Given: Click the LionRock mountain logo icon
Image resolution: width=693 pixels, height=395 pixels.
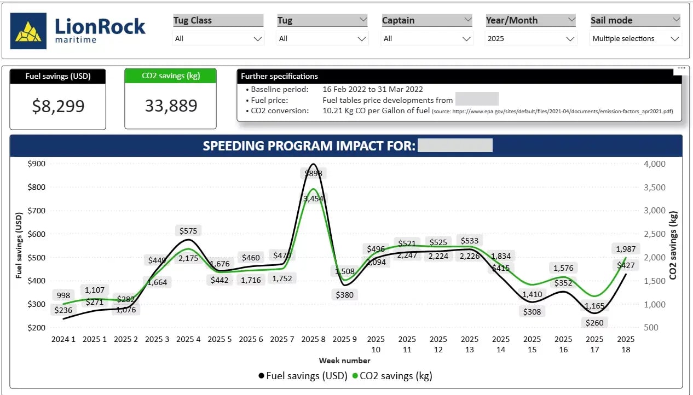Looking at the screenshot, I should [28, 31].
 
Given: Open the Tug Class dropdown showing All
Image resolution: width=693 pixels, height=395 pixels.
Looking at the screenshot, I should [218, 39].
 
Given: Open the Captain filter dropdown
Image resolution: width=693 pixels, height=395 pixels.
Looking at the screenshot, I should [427, 39].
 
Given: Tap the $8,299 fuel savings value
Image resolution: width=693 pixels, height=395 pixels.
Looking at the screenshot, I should [58, 106].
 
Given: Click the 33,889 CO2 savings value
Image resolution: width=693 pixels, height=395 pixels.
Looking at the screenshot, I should [171, 106].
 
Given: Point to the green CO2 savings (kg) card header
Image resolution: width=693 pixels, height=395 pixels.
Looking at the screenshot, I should [171, 76].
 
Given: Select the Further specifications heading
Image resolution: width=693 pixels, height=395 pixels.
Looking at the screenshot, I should [279, 76].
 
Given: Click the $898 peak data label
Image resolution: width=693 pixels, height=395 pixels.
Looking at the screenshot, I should [314, 173].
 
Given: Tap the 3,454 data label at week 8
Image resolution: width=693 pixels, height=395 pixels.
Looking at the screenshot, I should [314, 198].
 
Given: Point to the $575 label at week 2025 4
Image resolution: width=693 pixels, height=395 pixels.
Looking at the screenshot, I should [188, 230].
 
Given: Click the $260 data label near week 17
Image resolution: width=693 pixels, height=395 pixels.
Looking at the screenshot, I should [594, 322].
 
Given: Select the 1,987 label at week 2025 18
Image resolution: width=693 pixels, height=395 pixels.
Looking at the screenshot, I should [626, 249].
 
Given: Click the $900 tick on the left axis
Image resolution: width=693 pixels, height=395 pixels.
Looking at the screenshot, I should [36, 163].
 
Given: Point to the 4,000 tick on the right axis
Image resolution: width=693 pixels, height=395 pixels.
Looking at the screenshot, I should [655, 164].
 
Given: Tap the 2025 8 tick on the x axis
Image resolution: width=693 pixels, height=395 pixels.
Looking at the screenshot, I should [314, 339].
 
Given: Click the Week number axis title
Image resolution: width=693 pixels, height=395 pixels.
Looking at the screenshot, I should [345, 361].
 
